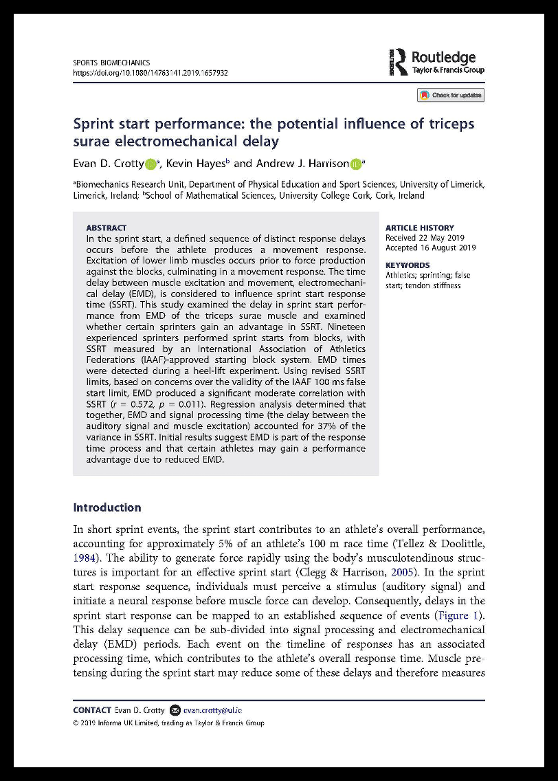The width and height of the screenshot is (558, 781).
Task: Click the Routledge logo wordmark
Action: point(443,58)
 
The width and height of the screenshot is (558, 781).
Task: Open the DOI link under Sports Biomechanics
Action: point(150,72)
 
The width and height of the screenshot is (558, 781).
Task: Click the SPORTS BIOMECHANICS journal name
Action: point(111,63)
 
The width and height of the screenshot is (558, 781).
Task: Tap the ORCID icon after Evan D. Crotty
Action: point(150,164)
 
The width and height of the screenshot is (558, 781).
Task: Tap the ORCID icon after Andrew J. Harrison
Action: point(355,164)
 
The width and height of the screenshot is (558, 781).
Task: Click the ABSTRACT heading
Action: point(106,228)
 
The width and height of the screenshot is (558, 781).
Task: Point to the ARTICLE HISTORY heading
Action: point(419,228)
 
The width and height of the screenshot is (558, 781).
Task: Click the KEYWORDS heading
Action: point(408,265)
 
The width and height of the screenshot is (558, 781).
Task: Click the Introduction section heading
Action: point(107,507)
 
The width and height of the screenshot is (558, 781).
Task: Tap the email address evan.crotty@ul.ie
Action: point(213,710)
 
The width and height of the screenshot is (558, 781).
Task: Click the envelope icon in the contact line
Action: point(175,710)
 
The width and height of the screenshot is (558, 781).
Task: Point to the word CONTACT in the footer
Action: point(91,710)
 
